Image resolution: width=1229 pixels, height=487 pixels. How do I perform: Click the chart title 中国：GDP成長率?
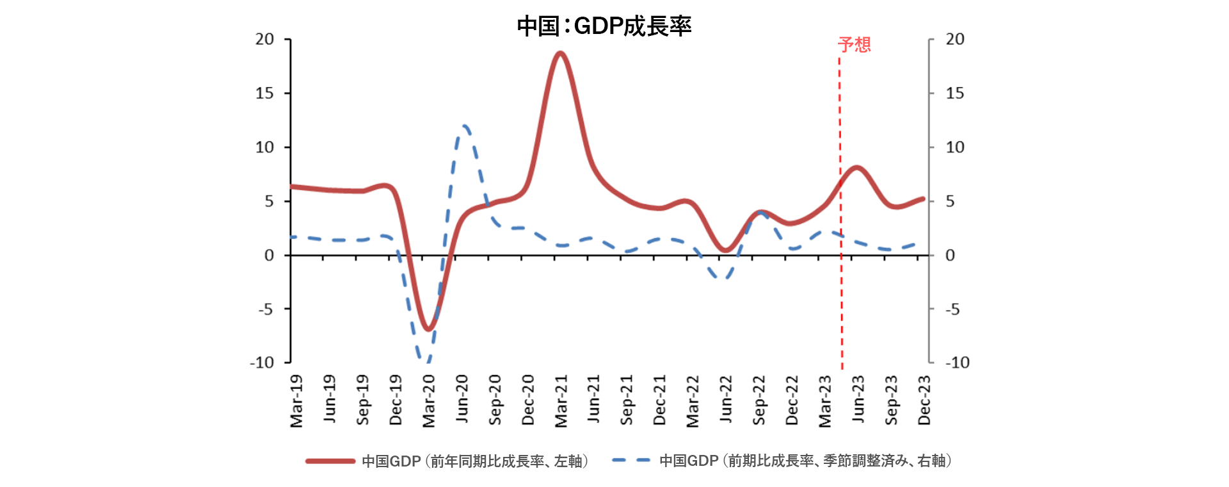[604, 26]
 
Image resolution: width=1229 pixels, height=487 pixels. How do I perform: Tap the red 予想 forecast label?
[854, 44]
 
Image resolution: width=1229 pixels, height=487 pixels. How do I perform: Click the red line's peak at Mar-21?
[560, 53]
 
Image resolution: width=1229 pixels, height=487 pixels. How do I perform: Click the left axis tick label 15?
[264, 94]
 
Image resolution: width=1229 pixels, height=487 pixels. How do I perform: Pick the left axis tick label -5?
[266, 310]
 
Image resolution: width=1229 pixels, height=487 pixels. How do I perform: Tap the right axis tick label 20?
[955, 40]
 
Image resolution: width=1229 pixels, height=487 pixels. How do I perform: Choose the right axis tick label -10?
[957, 363]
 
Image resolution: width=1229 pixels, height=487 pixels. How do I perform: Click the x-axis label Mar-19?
[296, 401]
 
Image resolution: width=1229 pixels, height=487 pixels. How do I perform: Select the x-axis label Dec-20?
[528, 400]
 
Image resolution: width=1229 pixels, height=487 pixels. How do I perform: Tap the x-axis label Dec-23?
[924, 400]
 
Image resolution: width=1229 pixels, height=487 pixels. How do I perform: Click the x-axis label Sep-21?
[627, 400]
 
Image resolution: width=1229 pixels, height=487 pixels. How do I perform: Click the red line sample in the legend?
[330, 461]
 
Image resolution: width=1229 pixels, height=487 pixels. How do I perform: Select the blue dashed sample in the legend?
[631, 460]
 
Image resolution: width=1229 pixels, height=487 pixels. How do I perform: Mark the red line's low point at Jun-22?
[725, 250]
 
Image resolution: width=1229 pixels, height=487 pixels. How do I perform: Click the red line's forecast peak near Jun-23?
[857, 168]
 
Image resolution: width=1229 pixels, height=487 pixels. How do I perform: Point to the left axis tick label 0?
[269, 256]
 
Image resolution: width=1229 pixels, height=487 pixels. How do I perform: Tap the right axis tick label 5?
[951, 202]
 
